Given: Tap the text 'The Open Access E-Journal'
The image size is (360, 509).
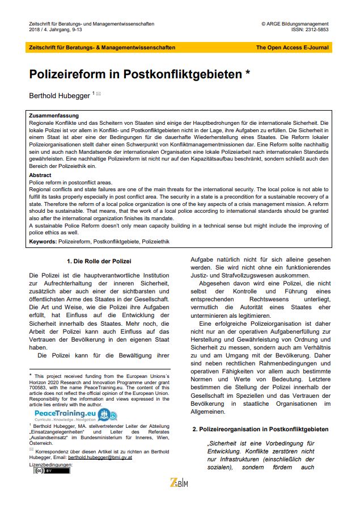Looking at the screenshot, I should (293, 48).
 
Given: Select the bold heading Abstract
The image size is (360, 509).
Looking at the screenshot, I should (40, 175).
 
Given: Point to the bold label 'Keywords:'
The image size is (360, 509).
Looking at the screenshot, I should (43, 242).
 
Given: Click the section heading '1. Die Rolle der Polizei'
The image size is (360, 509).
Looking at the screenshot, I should (99, 262).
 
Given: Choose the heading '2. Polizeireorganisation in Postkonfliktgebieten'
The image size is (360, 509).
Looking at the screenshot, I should (260, 430).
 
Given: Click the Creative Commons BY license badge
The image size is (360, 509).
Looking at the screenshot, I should (43, 470).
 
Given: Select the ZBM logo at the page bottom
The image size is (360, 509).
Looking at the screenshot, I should (180, 482).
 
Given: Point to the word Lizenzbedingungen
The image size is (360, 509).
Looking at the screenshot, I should (50, 464).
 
